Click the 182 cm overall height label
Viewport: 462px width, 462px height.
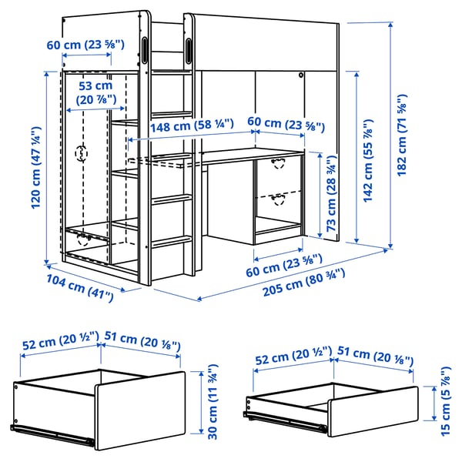pos(402,136)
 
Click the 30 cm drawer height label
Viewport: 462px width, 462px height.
pos(211,403)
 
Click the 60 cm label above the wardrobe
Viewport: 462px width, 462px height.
pos(84,45)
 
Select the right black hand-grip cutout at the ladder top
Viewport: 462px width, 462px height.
pos(189,49)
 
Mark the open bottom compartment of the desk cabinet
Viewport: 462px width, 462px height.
pos(279,226)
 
